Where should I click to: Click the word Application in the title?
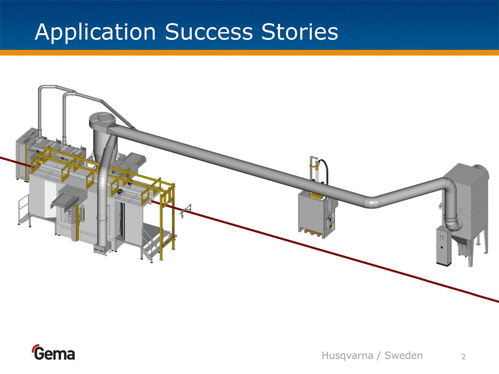pos(95,32)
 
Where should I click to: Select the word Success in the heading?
pos(209,32)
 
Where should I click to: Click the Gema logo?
pos(54,353)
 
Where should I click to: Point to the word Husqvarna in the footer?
pos(347,355)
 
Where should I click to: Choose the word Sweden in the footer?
pos(403,355)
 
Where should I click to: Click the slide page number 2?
pos(463,357)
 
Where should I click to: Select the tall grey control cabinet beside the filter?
pos(444,246)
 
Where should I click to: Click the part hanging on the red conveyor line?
pos(185,211)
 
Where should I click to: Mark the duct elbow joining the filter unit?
pos(450,217)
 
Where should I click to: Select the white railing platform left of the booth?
pos(23,210)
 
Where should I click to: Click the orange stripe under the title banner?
pos(249,53)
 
